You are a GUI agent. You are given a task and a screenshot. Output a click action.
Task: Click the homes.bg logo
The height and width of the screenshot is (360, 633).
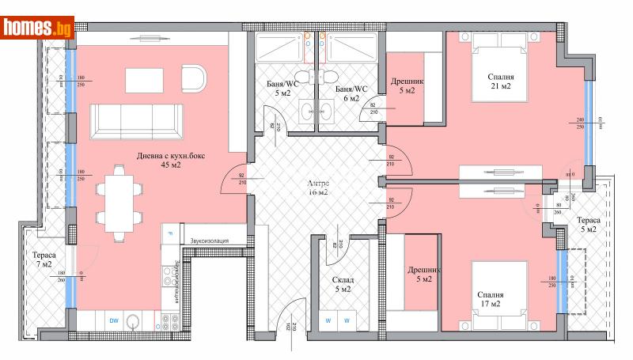coord(38,28)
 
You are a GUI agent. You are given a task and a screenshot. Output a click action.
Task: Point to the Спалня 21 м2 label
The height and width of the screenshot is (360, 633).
coord(501,81)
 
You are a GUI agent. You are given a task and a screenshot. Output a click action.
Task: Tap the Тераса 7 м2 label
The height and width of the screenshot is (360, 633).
coord(44,261)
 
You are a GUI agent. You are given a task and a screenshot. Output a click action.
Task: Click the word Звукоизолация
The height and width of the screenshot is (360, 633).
coord(209,240)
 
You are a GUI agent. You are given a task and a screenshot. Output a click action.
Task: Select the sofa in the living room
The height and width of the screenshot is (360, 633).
coord(136,122)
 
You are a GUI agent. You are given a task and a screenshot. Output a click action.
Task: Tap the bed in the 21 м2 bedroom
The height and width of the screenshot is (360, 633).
coord(499,73)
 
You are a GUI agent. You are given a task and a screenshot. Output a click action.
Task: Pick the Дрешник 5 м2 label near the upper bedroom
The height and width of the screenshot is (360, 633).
coord(407,85)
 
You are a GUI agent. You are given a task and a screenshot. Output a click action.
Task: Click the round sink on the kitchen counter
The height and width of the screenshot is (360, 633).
coord(136,321)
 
